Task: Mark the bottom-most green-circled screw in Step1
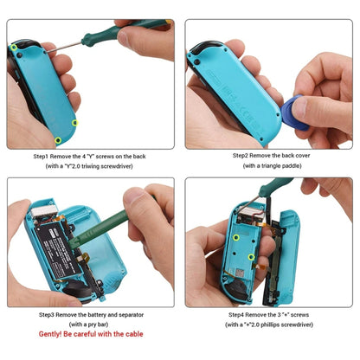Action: tap(58, 138)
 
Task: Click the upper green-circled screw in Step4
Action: tap(235, 235)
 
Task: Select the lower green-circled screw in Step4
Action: tap(251, 256)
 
